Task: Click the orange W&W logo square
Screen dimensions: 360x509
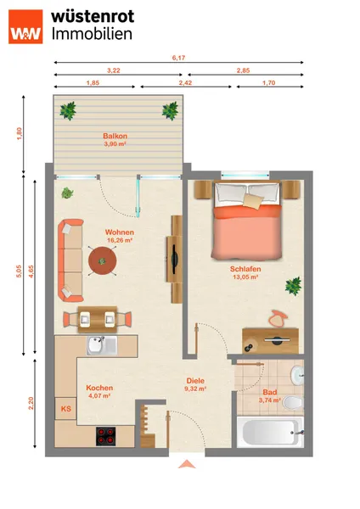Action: (25, 26)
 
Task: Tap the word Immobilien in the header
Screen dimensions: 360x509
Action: (92, 34)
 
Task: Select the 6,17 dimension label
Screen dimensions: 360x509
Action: (178, 58)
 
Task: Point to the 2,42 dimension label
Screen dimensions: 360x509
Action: (185, 83)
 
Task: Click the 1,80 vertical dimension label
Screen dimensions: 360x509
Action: (20, 134)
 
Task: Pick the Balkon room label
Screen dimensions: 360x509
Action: (115, 136)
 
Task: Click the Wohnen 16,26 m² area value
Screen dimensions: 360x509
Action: (120, 241)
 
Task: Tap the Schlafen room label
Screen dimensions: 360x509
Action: (245, 269)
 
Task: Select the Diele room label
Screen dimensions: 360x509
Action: (195, 381)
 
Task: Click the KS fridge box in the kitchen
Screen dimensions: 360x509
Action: (66, 408)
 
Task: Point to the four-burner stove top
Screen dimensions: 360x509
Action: (106, 436)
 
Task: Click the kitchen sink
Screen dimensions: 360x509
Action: (102, 345)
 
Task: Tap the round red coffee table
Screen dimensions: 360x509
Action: (103, 260)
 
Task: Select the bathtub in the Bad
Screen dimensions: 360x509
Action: (270, 433)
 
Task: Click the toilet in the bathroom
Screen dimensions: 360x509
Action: (293, 403)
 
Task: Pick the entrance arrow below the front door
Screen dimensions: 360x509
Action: (187, 464)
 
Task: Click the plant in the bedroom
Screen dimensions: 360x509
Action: (294, 286)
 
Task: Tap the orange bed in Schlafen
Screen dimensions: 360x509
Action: (247, 221)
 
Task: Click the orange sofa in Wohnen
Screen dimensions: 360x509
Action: (70, 260)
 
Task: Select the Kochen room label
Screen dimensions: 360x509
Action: (99, 388)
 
